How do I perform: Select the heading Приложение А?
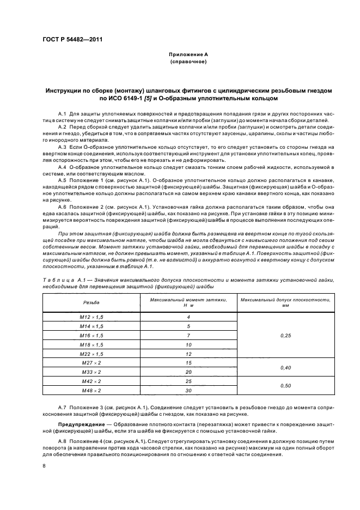click(x=188, y=55)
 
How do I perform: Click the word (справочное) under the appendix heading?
click(x=188, y=62)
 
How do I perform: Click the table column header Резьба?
click(x=91, y=302)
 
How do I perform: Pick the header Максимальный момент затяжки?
click(x=188, y=299)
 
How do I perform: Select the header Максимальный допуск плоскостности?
click(x=285, y=299)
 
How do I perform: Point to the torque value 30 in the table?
click(x=188, y=390)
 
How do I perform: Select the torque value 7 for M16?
click(x=188, y=335)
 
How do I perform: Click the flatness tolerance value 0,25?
click(x=285, y=335)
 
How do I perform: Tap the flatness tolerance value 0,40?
click(x=285, y=367)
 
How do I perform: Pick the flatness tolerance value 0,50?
click(x=285, y=386)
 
